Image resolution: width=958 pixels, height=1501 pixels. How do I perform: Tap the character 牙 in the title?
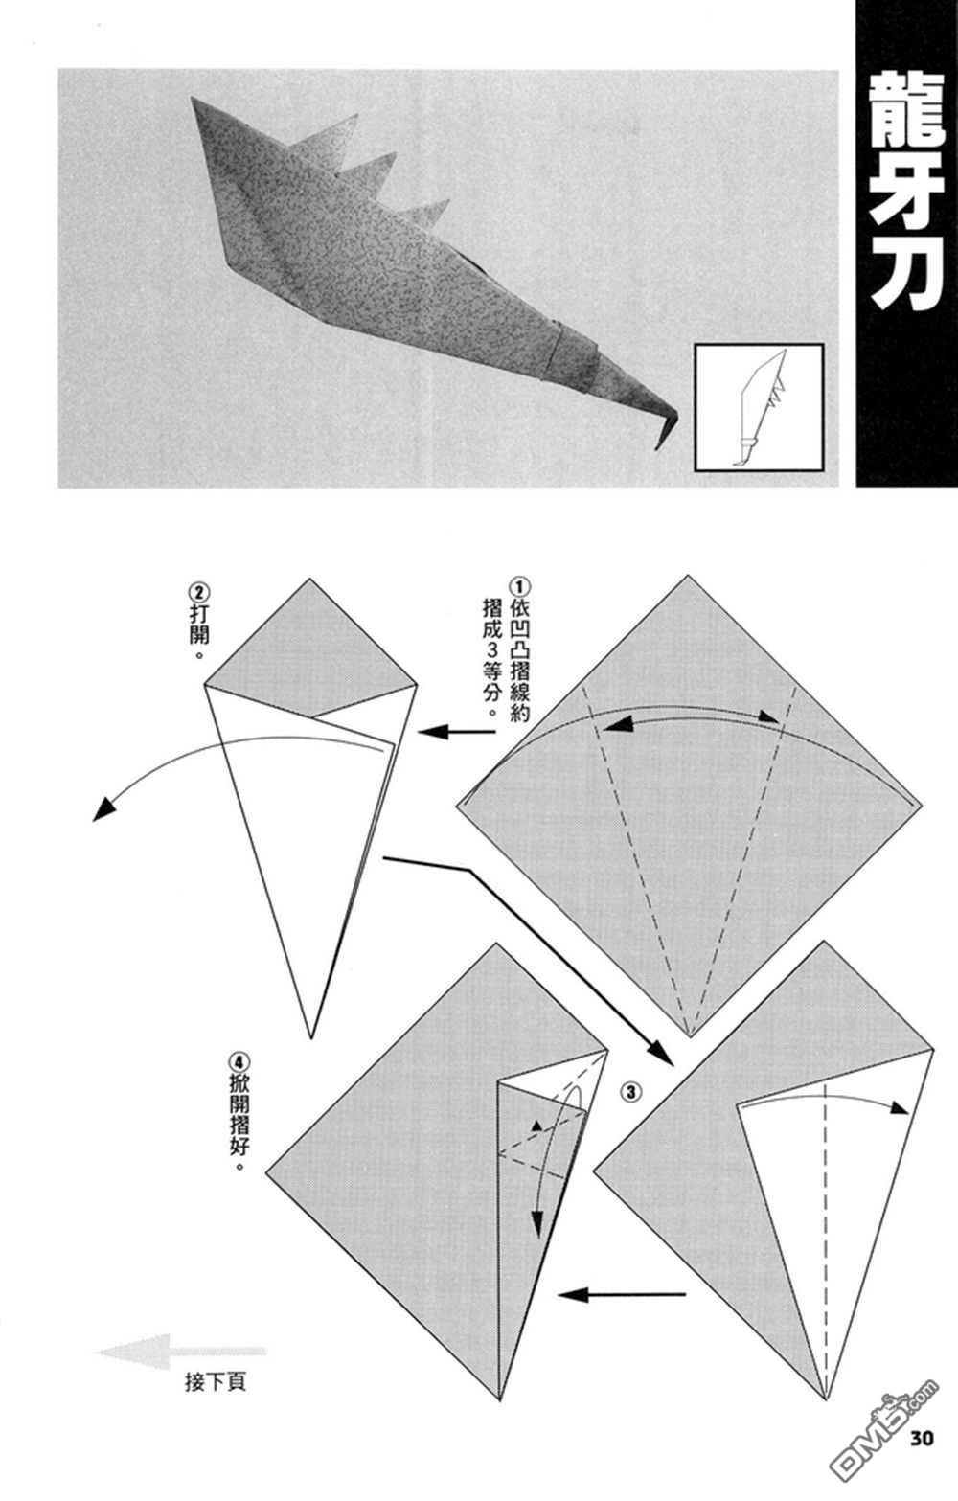[x=907, y=195]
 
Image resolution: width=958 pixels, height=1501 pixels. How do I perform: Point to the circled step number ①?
[x=519, y=588]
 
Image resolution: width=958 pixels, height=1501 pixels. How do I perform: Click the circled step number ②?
[x=199, y=592]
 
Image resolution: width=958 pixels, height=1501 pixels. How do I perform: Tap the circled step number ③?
[x=631, y=1092]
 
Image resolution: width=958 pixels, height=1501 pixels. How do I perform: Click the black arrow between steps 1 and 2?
[x=457, y=732]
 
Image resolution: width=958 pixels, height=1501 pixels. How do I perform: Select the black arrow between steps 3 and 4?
[x=622, y=1295]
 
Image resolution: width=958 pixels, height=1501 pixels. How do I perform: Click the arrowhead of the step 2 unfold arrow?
[x=103, y=810]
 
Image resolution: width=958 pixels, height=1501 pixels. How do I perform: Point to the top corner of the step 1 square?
[x=689, y=577]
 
